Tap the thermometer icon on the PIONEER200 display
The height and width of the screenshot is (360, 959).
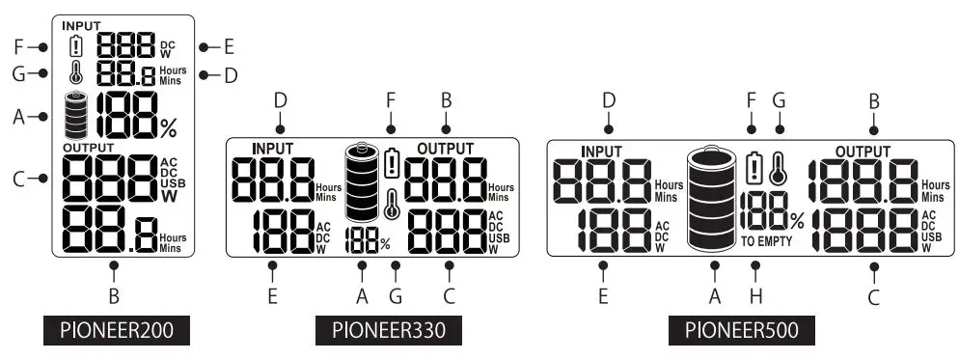[77, 72]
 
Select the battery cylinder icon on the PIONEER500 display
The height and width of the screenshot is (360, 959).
[715, 199]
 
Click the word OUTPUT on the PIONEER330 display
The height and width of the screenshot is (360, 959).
[446, 148]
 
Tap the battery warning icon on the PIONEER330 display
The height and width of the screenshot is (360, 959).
[390, 162]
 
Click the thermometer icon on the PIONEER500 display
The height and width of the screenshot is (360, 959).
[780, 169]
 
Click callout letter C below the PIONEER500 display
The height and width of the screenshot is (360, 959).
[873, 296]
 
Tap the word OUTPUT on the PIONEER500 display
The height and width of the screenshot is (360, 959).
[863, 152]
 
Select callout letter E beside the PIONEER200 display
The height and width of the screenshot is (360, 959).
[229, 46]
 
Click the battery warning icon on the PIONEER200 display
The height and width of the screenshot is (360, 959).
[77, 45]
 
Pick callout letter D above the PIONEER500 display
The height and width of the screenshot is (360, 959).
[609, 99]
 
